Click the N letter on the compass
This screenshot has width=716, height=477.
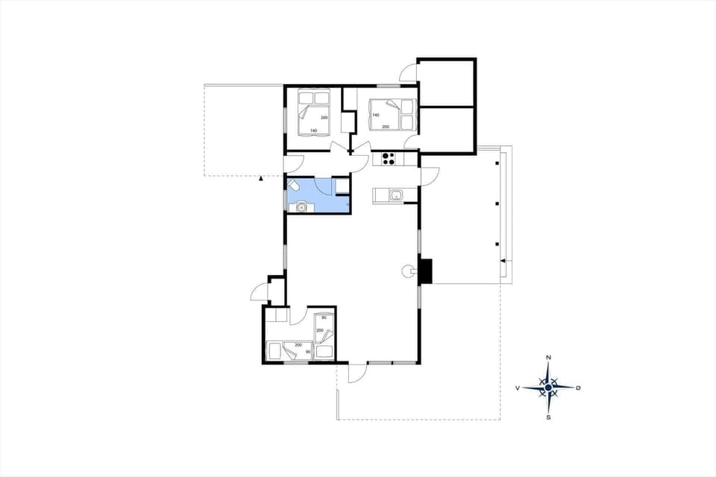click(549, 358)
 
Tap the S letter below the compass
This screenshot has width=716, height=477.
click(549, 417)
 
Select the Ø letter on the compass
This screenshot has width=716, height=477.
click(579, 388)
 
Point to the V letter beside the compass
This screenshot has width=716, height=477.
click(518, 388)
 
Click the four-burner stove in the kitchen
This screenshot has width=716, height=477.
click(388, 158)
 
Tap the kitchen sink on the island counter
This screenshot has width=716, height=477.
click(396, 195)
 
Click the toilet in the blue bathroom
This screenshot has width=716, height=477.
click(293, 186)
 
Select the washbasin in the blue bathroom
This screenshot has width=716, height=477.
click(302, 207)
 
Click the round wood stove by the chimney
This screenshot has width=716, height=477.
click(408, 271)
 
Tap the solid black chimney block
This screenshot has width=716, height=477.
click(425, 271)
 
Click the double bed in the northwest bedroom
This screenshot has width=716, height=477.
click(314, 112)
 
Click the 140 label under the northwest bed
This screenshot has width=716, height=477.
click(314, 131)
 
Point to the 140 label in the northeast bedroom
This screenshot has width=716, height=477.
click(376, 116)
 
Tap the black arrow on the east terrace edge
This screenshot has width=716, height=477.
click(504, 261)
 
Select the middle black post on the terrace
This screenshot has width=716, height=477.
click(497, 203)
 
